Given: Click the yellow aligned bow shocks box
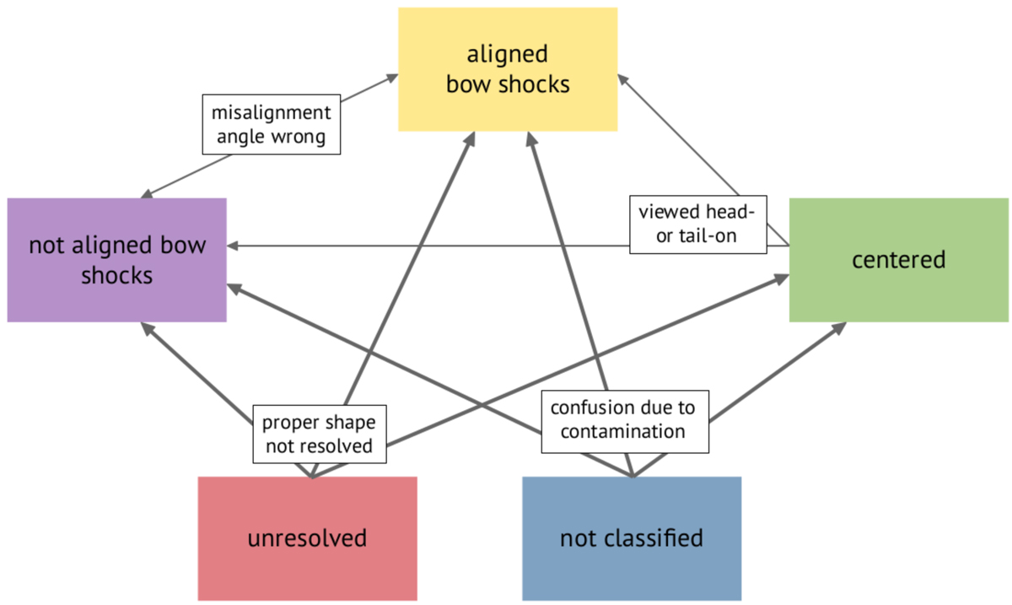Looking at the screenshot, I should pyautogui.click(x=508, y=69).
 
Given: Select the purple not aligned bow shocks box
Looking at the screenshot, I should pyautogui.click(x=116, y=260).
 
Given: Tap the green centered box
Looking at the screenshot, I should pyautogui.click(x=898, y=260).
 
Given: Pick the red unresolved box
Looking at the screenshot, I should pyautogui.click(x=307, y=538).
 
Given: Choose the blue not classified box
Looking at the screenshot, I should pyautogui.click(x=631, y=538).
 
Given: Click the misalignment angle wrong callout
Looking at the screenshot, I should pyautogui.click(x=272, y=125).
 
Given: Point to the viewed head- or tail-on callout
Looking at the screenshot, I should pyautogui.click(x=698, y=224).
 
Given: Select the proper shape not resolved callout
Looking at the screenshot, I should pyautogui.click(x=320, y=434).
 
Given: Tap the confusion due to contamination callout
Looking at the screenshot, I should pyautogui.click(x=624, y=419).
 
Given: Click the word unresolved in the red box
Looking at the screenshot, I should pyautogui.click(x=307, y=538).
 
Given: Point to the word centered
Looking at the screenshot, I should pyautogui.click(x=898, y=260).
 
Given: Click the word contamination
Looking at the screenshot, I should pyautogui.click(x=624, y=431).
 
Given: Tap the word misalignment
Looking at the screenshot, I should pyautogui.click(x=272, y=113).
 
